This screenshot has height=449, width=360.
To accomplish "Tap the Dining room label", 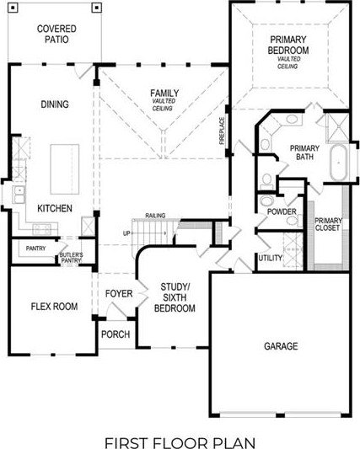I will [54, 104].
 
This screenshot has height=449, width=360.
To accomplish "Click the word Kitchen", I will [53, 208].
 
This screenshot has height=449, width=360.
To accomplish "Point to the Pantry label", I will [35, 249].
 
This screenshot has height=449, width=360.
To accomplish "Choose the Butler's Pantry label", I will [70, 258].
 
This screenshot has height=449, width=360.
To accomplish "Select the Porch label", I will [115, 334].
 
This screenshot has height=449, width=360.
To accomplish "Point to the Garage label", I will [280, 345].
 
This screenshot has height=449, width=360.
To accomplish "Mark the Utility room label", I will [270, 258].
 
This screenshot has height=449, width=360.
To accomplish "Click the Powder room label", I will [282, 211].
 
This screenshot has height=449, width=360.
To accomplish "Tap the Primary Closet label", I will [327, 223].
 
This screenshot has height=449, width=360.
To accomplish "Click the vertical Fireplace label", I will [222, 130].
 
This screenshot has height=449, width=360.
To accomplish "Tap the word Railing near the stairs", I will [155, 216].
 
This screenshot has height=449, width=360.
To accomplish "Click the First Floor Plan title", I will [180, 419].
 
